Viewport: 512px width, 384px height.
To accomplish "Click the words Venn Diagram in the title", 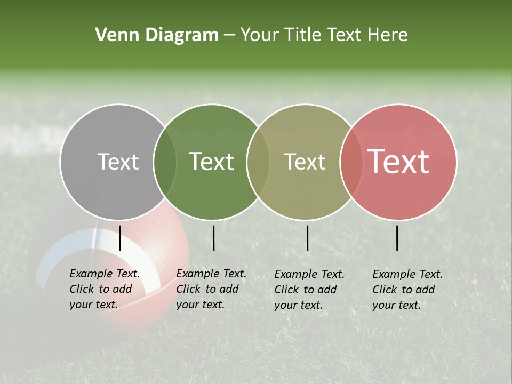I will click(x=157, y=35).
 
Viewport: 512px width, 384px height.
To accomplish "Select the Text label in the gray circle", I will click(x=118, y=162).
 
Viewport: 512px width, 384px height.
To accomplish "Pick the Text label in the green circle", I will click(x=211, y=162).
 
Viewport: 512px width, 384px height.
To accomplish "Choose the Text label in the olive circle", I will click(x=305, y=162).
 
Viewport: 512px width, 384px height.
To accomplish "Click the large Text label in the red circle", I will click(x=398, y=161).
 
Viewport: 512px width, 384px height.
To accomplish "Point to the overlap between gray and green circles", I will click(x=165, y=162).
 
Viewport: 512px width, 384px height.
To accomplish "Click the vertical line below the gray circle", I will click(x=120, y=238).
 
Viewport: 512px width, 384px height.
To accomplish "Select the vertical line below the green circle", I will click(x=213, y=238).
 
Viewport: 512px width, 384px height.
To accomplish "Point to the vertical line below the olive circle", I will click(x=307, y=238).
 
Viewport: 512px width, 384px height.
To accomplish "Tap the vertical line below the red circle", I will click(x=397, y=238).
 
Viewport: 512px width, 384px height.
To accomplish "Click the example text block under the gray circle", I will click(x=104, y=289).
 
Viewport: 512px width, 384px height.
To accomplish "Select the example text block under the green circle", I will click(x=211, y=289).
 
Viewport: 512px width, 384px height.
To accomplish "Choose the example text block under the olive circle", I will click(x=309, y=289).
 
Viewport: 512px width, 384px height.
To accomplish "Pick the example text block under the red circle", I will click(x=407, y=289).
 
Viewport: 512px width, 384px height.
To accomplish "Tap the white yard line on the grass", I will click(x=27, y=141).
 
